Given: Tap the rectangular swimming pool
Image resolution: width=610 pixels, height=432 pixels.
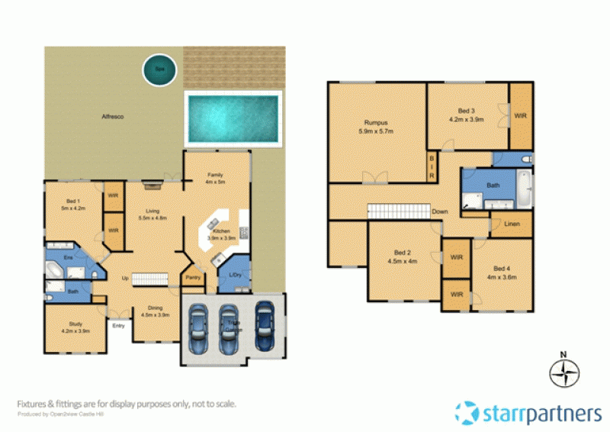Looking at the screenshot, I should point(232,119).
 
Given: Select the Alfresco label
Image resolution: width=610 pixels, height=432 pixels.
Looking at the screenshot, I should point(113,116).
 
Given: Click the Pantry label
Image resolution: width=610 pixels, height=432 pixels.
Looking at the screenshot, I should point(193,278).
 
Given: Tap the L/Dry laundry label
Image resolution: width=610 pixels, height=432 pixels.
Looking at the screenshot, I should point(234,276).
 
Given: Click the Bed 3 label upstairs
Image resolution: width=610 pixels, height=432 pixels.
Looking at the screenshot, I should point(467,115).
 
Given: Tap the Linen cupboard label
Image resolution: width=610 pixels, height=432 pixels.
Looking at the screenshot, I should point(514,224).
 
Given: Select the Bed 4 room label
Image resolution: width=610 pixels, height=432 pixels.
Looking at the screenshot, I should point(501,272).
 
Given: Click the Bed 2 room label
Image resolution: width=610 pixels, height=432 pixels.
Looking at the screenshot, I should point(403,256).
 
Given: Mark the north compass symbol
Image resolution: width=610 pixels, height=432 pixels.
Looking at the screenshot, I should point(564,373).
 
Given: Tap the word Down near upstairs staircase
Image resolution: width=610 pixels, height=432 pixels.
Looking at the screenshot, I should point(440,211).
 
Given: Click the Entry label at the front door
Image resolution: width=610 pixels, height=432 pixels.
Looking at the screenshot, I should point(118,326).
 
